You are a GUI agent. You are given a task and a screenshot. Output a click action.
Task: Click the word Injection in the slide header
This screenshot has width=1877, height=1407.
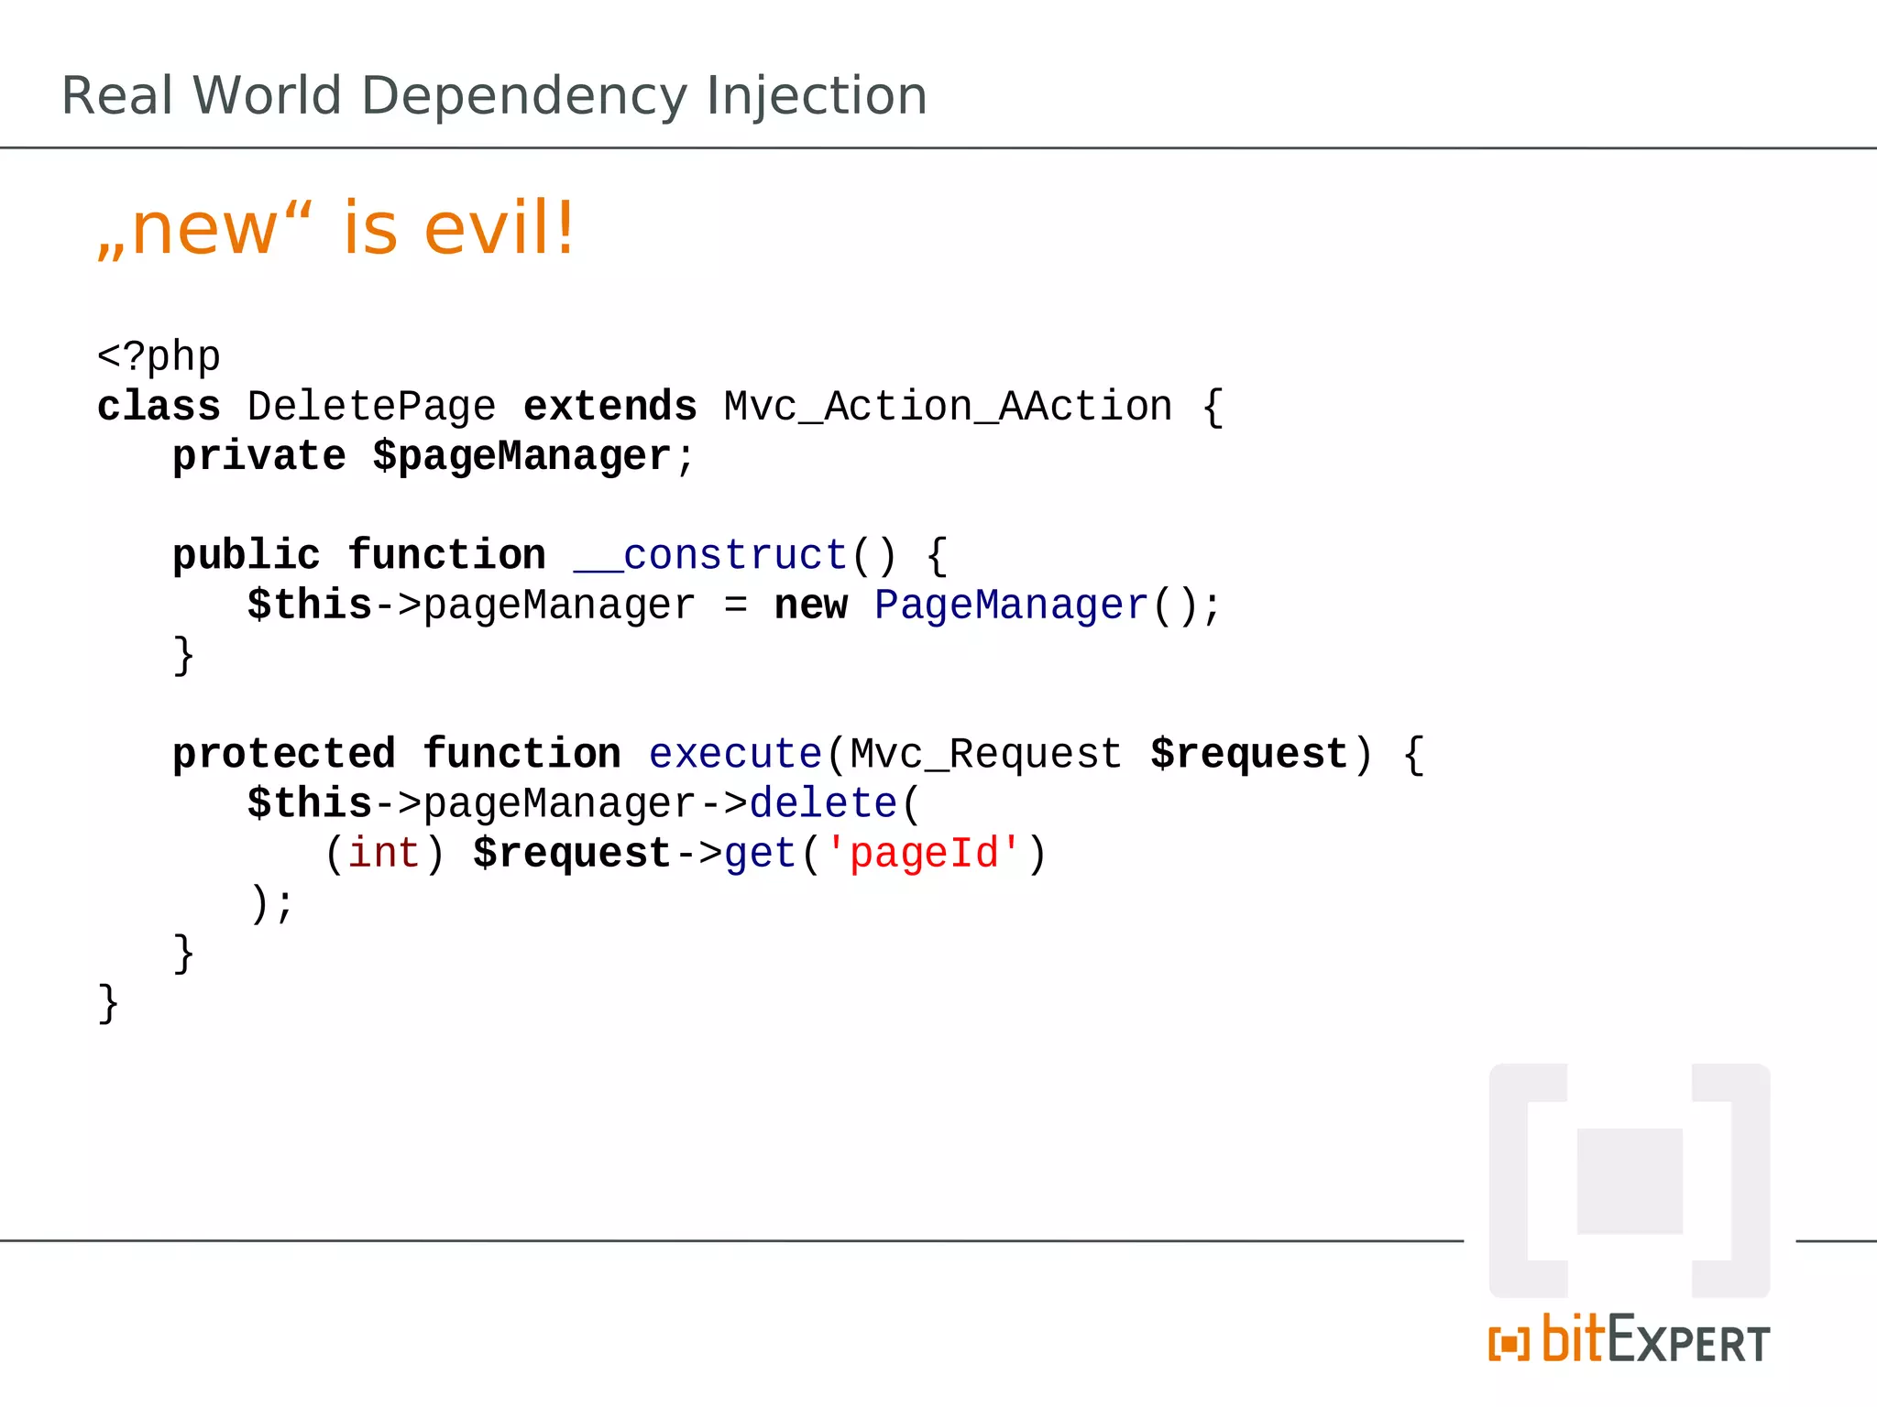coord(816,96)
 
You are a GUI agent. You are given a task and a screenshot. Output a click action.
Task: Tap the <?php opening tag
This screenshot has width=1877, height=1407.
coord(159,355)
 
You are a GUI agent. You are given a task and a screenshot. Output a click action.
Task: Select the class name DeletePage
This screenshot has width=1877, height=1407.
coord(371,406)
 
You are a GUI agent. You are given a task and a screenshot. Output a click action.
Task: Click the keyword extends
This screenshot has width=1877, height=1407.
coord(609,406)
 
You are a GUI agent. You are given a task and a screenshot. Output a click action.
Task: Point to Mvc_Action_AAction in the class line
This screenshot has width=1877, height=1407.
coord(948,406)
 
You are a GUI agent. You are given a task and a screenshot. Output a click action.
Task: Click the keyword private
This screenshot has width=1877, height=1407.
coord(259,455)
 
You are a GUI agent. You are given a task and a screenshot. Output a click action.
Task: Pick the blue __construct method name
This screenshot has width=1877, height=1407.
coord(710,555)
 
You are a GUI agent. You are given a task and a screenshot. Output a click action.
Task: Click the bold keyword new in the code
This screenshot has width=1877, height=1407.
coord(811,605)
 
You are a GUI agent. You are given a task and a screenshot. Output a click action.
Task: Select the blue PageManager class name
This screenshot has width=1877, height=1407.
coord(1011,605)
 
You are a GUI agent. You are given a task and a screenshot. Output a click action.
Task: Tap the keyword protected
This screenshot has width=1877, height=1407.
coord(284,754)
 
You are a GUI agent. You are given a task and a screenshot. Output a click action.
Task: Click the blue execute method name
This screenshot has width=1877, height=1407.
coord(735,754)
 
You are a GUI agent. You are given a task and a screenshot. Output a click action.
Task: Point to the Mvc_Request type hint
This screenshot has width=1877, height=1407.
coord(986,754)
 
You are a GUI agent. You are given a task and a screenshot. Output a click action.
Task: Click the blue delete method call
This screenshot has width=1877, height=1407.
coord(823,803)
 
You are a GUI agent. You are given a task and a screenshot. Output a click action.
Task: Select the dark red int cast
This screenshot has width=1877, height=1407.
coord(384,853)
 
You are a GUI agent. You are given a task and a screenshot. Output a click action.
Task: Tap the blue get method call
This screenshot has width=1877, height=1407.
coord(760,853)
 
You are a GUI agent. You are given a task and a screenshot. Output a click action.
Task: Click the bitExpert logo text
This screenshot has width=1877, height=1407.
coord(1630,1341)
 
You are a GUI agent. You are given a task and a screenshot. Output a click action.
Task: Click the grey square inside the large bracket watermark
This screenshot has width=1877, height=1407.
coord(1630,1181)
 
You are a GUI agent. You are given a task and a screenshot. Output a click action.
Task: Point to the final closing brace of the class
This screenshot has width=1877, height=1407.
coord(108,1003)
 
